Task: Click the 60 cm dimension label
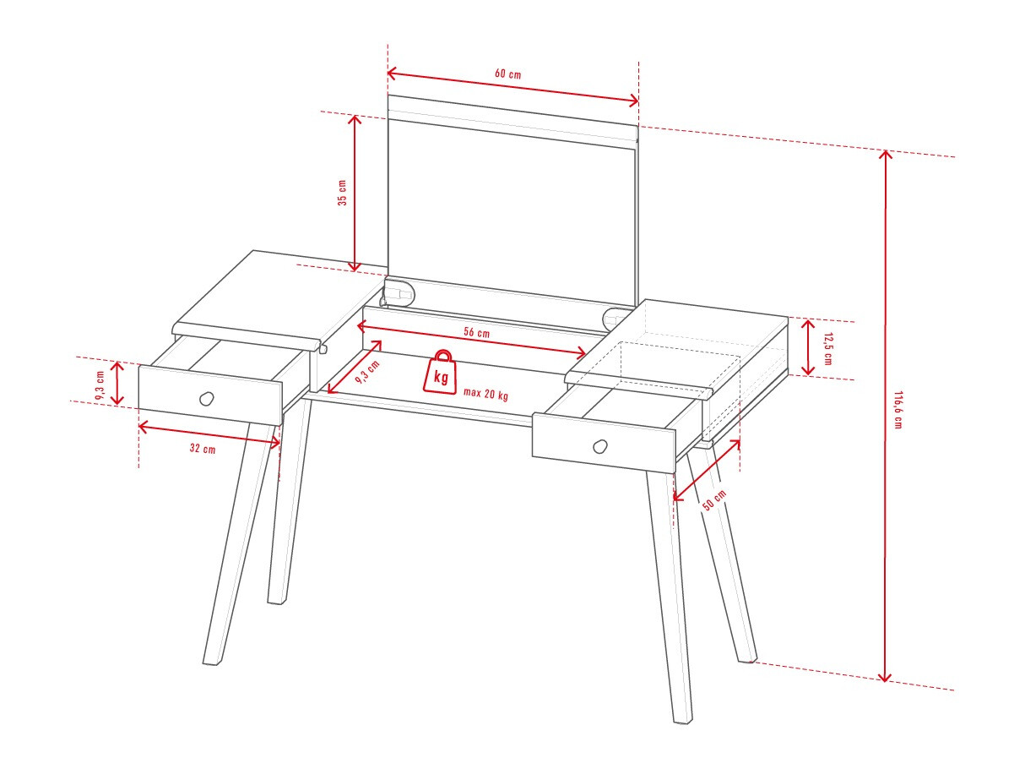tap(507, 74)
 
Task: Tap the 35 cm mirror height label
tap(342, 193)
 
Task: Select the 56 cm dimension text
tap(476, 332)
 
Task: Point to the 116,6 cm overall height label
tap(898, 409)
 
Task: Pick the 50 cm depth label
tap(714, 499)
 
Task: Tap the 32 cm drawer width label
tap(203, 448)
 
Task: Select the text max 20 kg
tap(485, 394)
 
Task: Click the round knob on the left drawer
tap(206, 399)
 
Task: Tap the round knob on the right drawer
tap(600, 447)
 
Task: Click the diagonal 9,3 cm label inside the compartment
tap(367, 372)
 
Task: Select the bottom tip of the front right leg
tap(683, 722)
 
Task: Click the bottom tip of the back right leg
tap(747, 660)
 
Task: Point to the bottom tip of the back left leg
tap(275, 603)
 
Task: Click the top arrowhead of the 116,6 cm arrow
tap(885, 153)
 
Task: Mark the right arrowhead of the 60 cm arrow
tap(636, 101)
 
